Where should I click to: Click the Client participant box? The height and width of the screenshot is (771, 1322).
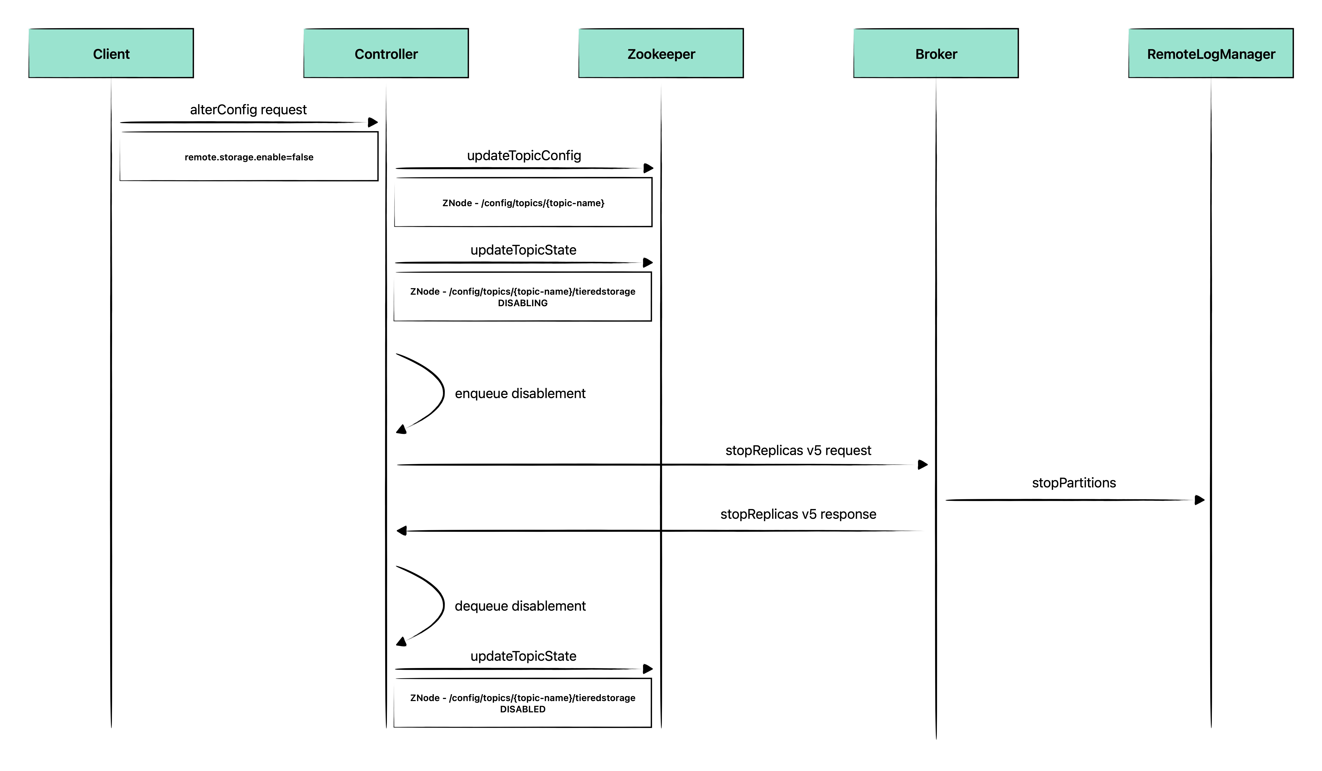111,53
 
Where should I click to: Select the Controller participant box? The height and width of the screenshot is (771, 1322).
386,53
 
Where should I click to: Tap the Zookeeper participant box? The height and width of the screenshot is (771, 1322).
661,53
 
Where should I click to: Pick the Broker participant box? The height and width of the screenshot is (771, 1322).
936,53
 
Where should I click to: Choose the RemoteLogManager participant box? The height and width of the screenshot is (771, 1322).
1211,53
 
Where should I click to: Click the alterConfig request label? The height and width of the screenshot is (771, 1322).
248,110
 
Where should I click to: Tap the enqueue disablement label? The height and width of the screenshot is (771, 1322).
520,393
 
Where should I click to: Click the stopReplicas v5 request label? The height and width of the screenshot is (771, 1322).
798,450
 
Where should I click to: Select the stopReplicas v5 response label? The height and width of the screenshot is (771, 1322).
798,514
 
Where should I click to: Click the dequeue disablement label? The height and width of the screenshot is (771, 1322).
520,606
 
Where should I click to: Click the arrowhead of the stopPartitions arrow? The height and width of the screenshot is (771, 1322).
1200,500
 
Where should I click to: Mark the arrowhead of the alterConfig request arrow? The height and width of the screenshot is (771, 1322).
373,122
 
